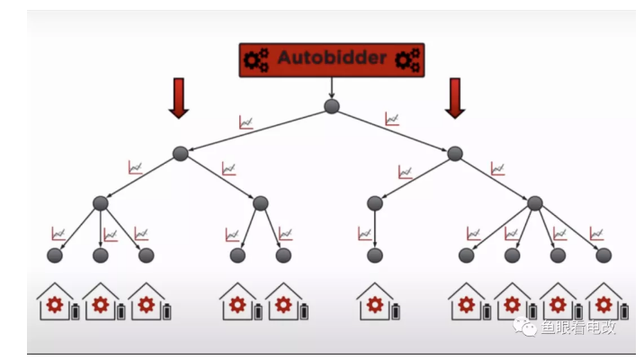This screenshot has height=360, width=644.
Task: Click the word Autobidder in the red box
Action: tap(332, 58)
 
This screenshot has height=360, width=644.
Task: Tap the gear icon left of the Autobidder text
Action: tap(256, 59)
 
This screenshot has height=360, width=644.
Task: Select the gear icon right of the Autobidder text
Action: tap(407, 59)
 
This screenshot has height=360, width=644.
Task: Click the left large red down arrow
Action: tap(178, 97)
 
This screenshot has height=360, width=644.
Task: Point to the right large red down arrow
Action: tap(455, 97)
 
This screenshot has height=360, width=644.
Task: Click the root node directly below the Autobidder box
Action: tap(332, 107)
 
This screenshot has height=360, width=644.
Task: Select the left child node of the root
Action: tap(180, 154)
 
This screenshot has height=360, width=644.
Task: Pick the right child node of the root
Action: tap(455, 154)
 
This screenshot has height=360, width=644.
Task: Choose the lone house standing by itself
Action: tap(374, 303)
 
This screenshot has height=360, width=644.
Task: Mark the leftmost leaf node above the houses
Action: tap(55, 256)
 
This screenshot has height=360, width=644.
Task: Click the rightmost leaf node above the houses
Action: tap(604, 256)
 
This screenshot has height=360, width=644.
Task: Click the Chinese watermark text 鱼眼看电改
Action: tap(578, 327)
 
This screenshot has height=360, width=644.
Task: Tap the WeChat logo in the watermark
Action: tap(524, 326)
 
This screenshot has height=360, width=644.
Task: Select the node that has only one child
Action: tap(374, 203)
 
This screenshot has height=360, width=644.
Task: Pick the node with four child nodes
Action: tap(535, 203)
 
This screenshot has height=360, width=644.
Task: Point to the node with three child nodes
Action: tap(101, 203)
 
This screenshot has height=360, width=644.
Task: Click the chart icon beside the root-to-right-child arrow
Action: tap(392, 119)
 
